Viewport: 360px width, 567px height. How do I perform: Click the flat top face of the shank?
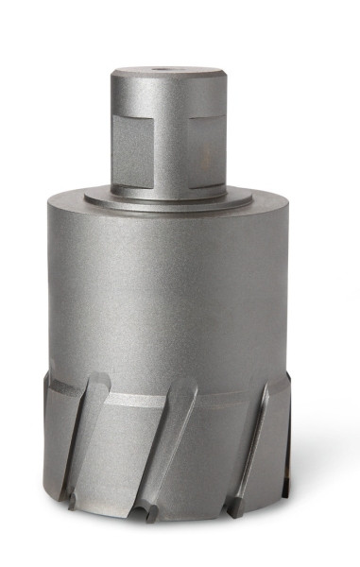[165, 71]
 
